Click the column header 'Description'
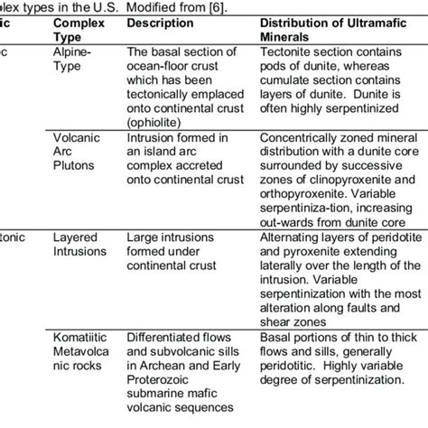159,24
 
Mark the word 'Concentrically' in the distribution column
300,139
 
